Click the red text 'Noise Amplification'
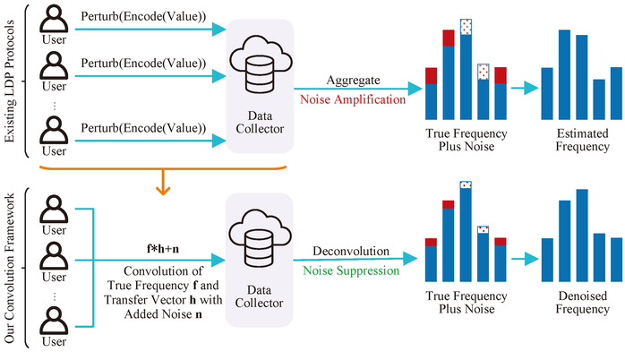pyautogui.click(x=353, y=99)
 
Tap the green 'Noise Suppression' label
pyautogui.click(x=351, y=270)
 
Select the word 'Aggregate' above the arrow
pyautogui.click(x=353, y=80)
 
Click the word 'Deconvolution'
pyautogui.click(x=351, y=251)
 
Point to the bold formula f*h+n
pyautogui.click(x=163, y=249)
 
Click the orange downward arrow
pyautogui.click(x=163, y=183)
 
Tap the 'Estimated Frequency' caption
pyautogui.click(x=582, y=140)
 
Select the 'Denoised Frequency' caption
pyautogui.click(x=582, y=303)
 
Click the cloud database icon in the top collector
pyautogui.click(x=261, y=64)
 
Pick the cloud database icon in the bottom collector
pyautogui.click(x=260, y=238)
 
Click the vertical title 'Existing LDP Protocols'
pyautogui.click(x=10, y=81)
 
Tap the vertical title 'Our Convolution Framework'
pyautogui.click(x=10, y=268)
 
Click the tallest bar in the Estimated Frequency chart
pyautogui.click(x=564, y=74)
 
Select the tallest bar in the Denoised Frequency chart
pyautogui.click(x=582, y=236)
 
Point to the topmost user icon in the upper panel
pyautogui.click(x=54, y=20)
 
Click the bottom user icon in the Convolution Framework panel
pyautogui.click(x=54, y=321)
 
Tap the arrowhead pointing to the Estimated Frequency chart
pyautogui.click(x=531, y=88)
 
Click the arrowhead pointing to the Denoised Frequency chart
pyautogui.click(x=531, y=259)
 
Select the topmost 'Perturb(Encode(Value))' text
pyautogui.click(x=143, y=16)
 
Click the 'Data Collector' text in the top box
pyautogui.click(x=260, y=123)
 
